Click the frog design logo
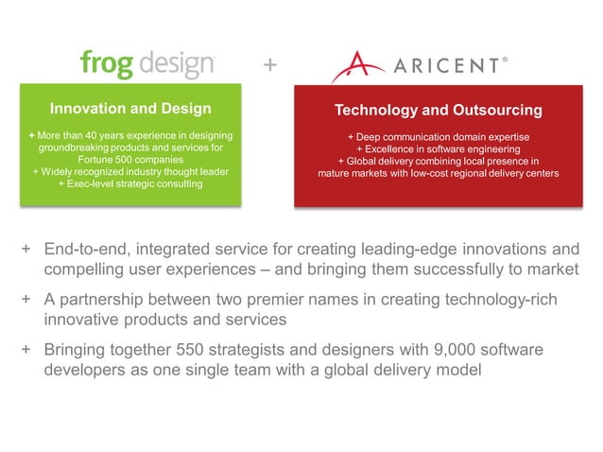click(147, 65)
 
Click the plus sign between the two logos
click(269, 65)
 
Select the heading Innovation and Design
click(130, 108)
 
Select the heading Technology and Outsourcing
click(439, 111)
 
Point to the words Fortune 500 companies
click(130, 160)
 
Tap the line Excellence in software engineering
click(439, 149)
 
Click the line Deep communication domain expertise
click(439, 137)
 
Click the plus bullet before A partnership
click(27, 300)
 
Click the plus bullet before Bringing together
click(27, 350)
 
